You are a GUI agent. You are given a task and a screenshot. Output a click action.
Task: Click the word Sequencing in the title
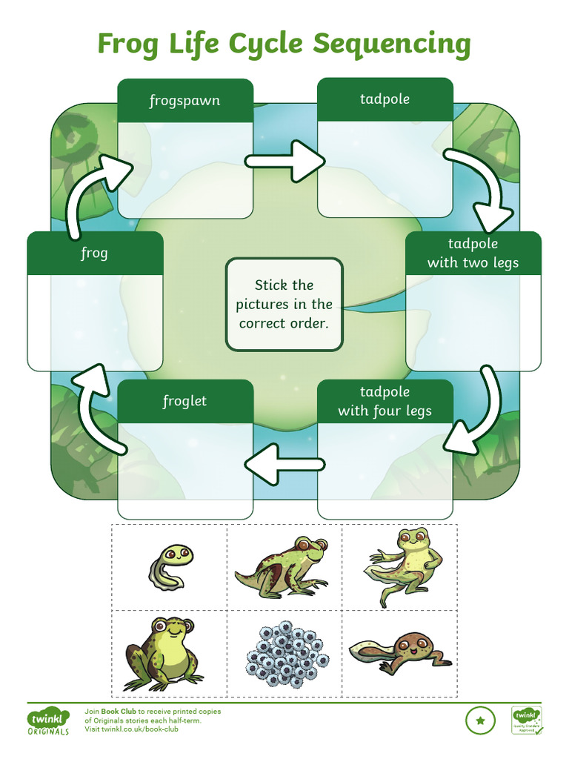click(x=391, y=44)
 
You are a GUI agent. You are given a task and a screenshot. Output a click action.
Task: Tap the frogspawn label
click(x=184, y=100)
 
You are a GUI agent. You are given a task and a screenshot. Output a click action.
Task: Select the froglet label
click(x=184, y=401)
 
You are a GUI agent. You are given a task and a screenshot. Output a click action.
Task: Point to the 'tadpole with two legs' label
click(x=473, y=253)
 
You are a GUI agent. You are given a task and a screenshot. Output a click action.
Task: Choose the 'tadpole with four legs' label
click(x=385, y=401)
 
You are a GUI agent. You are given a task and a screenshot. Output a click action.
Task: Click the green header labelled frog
click(x=94, y=253)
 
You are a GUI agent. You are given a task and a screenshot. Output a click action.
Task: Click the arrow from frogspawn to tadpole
click(x=284, y=161)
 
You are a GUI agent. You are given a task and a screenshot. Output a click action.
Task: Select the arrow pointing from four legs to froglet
click(x=284, y=464)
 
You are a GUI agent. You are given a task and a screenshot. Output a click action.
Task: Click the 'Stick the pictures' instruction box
click(x=284, y=304)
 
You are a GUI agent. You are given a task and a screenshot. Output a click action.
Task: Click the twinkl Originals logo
click(x=49, y=721)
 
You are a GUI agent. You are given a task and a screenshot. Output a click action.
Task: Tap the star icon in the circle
click(x=480, y=720)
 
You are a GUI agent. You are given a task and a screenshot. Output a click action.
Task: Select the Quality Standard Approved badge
click(x=526, y=720)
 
